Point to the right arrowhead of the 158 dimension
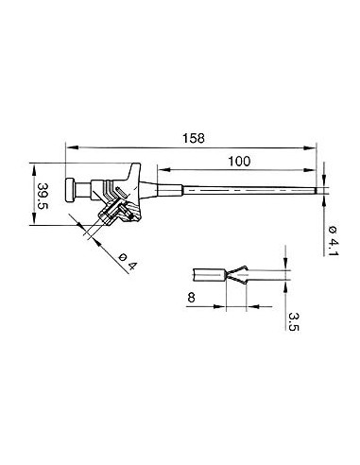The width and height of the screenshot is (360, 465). tap(312, 146)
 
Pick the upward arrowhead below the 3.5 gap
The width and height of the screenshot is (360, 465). tap(286, 285)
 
